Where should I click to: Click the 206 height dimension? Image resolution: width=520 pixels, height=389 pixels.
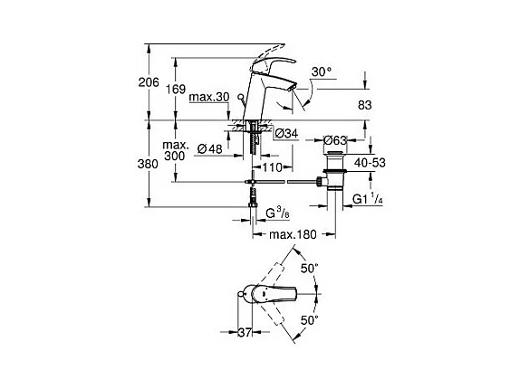tap(149, 81)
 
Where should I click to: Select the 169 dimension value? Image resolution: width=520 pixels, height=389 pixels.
tap(176, 89)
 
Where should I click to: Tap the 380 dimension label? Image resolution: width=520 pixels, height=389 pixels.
tap(148, 164)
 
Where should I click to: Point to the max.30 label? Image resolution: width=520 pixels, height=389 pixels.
tap(209, 97)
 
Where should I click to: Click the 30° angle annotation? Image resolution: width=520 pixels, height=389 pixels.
tap(322, 71)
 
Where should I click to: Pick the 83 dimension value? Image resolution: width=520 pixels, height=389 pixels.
tap(364, 105)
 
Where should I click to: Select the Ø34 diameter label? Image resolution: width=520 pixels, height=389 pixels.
tap(287, 133)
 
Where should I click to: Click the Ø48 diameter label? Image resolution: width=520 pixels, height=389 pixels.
tap(210, 148)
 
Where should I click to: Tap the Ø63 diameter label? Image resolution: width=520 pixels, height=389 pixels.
tap(335, 140)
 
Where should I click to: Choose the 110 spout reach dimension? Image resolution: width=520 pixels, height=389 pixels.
tap(272, 167)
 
